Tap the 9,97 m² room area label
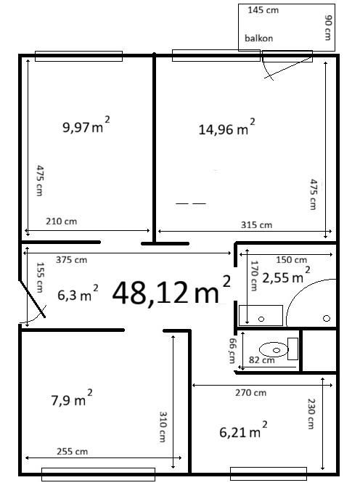[x=86, y=124]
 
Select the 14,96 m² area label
[x=227, y=126]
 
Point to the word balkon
[x=259, y=38]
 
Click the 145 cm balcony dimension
[x=263, y=10]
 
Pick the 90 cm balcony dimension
[x=328, y=28]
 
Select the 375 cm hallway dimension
[x=72, y=259]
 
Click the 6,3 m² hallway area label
[x=78, y=293]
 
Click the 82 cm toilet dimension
[x=262, y=360]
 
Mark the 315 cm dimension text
[x=257, y=224]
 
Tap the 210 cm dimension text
[x=61, y=221]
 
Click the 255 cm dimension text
[x=72, y=451]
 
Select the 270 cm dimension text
[x=251, y=392]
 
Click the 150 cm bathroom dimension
[x=292, y=259]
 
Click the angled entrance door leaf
[x=33, y=298]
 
